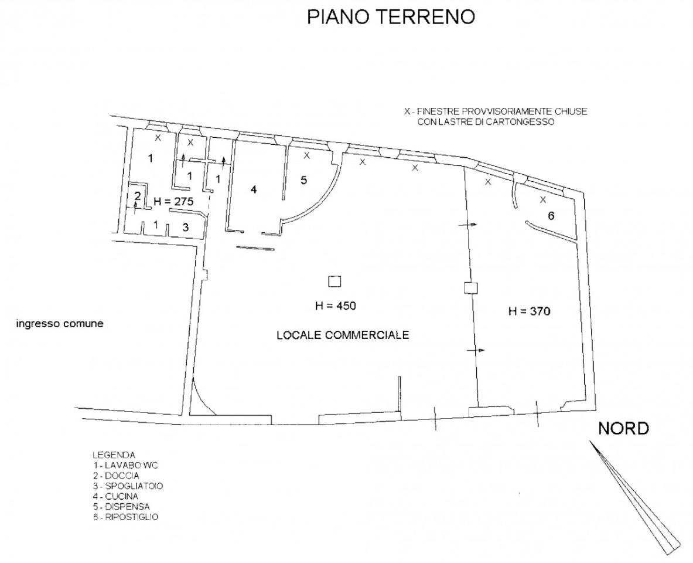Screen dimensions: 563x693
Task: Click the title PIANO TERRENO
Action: pyautogui.click(x=391, y=18)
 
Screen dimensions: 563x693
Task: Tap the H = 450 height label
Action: pyautogui.click(x=335, y=306)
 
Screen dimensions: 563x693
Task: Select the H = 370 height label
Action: pyautogui.click(x=528, y=311)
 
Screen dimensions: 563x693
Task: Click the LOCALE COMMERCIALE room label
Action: pyautogui.click(x=342, y=335)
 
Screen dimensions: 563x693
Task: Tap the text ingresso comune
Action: pyautogui.click(x=60, y=323)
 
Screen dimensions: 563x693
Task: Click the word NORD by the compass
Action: pyautogui.click(x=623, y=429)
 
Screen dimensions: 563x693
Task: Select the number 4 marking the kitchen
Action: pyautogui.click(x=254, y=189)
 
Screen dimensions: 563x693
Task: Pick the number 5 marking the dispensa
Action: pyautogui.click(x=303, y=180)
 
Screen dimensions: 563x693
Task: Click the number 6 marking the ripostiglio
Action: pyautogui.click(x=551, y=216)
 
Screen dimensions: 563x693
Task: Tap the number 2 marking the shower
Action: pyautogui.click(x=138, y=196)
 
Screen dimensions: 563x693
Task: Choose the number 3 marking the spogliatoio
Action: pyautogui.click(x=185, y=228)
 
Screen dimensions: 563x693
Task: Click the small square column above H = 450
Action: pyautogui.click(x=334, y=281)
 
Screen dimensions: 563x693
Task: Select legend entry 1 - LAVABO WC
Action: pyautogui.click(x=125, y=465)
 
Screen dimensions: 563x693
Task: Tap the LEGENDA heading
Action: pyautogui.click(x=114, y=455)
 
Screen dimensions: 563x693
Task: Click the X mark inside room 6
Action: pyautogui.click(x=542, y=199)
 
